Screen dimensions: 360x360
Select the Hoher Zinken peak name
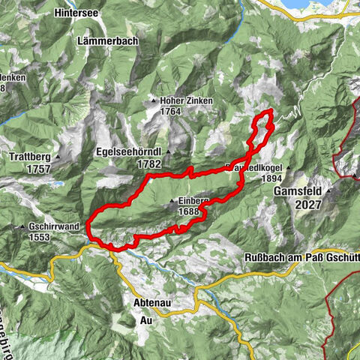[184, 100]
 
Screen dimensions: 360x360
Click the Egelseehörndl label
[129, 151]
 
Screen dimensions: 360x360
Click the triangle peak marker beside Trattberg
[57, 157]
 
